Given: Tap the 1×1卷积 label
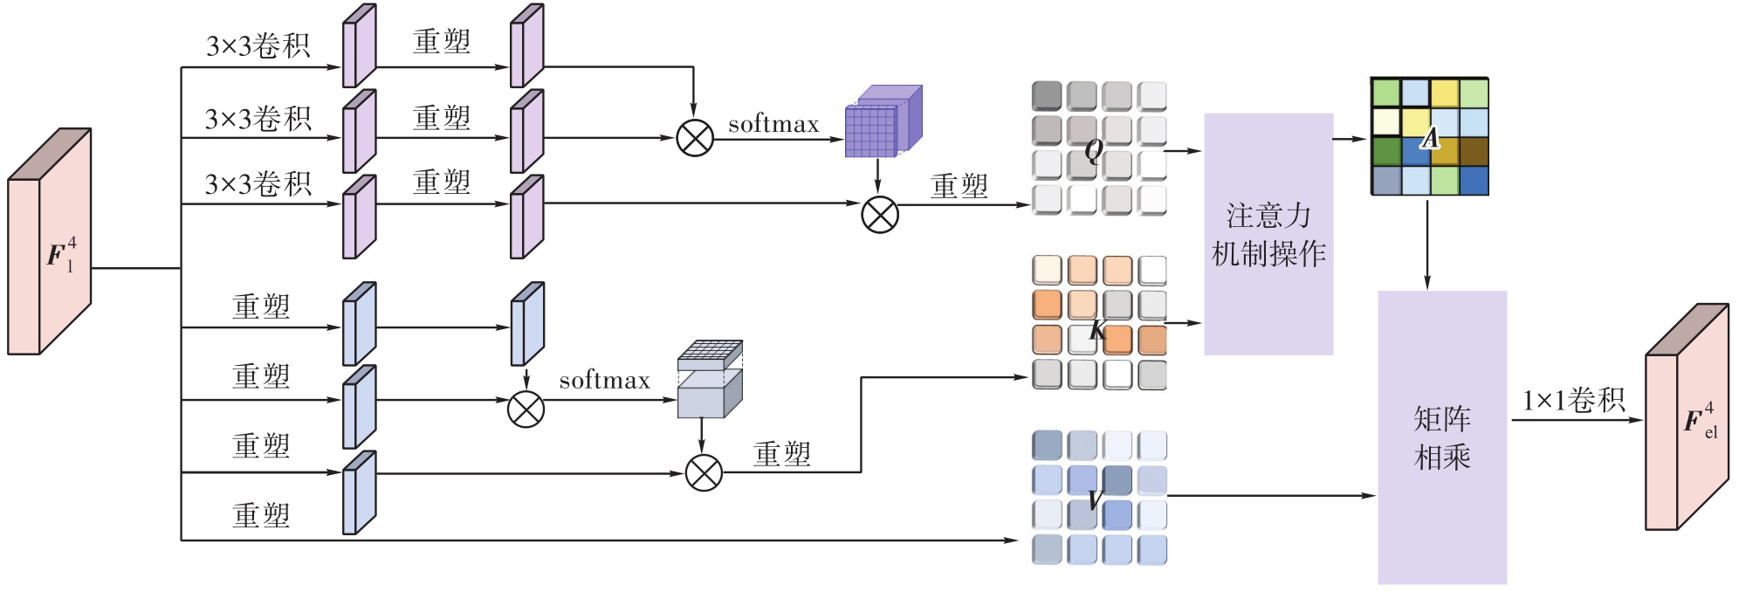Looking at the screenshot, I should (x=1573, y=401).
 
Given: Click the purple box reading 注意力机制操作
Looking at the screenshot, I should (x=1268, y=234).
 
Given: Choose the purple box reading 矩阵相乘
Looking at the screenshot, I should (x=1442, y=437).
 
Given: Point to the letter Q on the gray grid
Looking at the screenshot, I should (x=1093, y=151).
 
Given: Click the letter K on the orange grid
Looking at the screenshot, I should (x=1097, y=330).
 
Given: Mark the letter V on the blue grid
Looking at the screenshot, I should (x=1096, y=499).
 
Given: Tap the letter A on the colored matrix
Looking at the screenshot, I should (x=1430, y=138).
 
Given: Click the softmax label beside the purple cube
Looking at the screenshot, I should (x=773, y=124).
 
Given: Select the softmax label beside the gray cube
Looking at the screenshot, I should (x=604, y=381).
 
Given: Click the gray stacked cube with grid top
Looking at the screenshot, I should (x=710, y=379).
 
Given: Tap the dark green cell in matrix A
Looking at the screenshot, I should (x=1386, y=151).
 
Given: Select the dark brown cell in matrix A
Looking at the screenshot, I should (x=1474, y=151).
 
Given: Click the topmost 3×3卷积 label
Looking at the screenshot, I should (x=258, y=45).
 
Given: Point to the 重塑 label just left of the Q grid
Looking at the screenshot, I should (x=959, y=186).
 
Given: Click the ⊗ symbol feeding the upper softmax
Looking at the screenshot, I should (x=695, y=138).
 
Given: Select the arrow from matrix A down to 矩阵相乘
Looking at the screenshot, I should (x=1427, y=244).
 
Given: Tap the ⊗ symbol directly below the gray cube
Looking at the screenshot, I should (x=704, y=473).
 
